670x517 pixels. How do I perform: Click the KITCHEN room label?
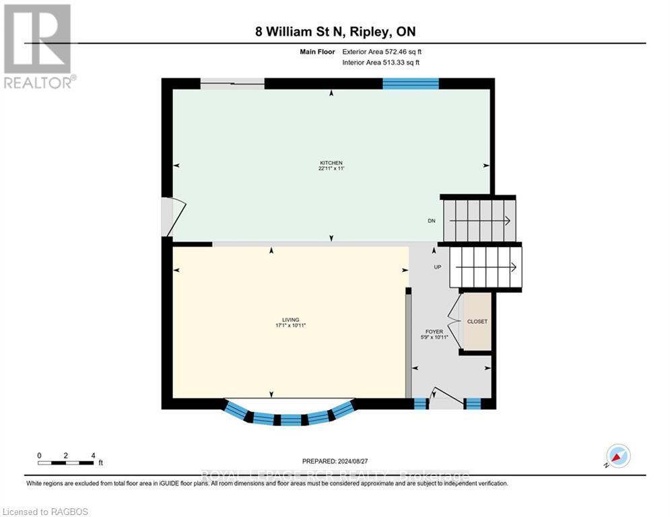[x=331, y=163]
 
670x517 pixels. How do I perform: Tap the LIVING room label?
[x=291, y=320]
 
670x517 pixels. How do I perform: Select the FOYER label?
[x=434, y=331]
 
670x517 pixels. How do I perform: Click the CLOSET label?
[x=477, y=322]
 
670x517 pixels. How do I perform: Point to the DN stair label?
[x=431, y=221]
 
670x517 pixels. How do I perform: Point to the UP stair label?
[x=436, y=267]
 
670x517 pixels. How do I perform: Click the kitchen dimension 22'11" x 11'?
[x=331, y=169]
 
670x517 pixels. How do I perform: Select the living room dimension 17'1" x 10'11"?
[x=291, y=326]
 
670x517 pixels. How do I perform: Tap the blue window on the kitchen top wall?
[x=411, y=83]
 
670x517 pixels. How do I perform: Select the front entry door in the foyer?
[x=446, y=399]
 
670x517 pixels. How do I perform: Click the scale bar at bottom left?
[x=66, y=462]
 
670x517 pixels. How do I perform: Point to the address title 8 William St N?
[x=335, y=32]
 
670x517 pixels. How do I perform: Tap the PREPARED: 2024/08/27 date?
[x=335, y=461]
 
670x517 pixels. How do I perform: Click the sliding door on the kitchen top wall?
[x=232, y=83]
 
